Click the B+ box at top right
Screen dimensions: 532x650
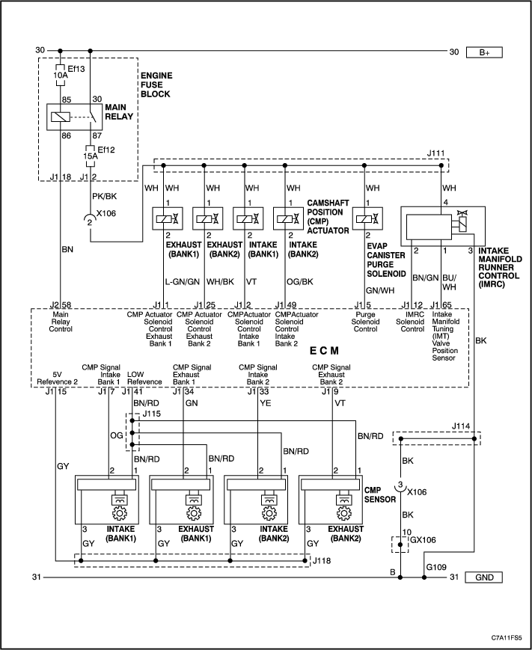point(484,52)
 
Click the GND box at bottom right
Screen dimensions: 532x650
point(484,577)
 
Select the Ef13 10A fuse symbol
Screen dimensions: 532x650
point(60,76)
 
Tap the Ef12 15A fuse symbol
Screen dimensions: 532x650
point(91,156)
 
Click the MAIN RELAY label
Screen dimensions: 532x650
point(119,112)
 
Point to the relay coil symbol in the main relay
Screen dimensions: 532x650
point(61,117)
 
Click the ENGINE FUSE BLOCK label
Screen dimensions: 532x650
point(156,85)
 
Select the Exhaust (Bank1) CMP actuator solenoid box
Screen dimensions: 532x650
point(168,218)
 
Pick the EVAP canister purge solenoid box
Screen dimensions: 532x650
point(367,218)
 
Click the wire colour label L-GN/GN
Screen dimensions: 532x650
point(183,282)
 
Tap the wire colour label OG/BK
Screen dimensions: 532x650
point(300,282)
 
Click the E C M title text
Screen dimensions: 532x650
point(324,351)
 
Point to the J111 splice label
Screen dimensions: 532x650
point(435,153)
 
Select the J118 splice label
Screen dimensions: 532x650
point(322,560)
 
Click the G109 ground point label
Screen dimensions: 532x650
point(436,567)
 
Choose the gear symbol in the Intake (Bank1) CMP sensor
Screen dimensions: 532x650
point(120,514)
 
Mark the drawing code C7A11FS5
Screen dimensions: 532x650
point(507,637)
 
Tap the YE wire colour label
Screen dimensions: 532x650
point(266,403)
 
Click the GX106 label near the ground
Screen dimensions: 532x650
point(423,540)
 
